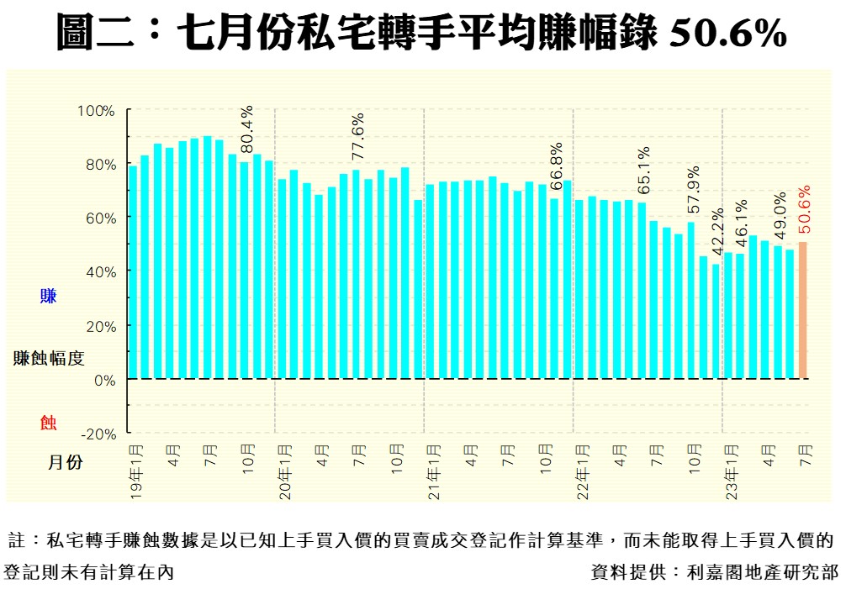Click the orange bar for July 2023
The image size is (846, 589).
tap(803, 310)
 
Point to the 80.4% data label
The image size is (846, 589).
tap(246, 130)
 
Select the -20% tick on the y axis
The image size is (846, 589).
tap(98, 434)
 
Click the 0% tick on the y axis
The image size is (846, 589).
tap(103, 380)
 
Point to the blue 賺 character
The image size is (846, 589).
tap(48, 296)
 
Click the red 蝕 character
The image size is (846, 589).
tap(48, 422)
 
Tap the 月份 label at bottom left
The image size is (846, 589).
tap(64, 462)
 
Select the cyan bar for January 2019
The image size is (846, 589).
tap(133, 272)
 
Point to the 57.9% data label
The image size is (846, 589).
tap(692, 192)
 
